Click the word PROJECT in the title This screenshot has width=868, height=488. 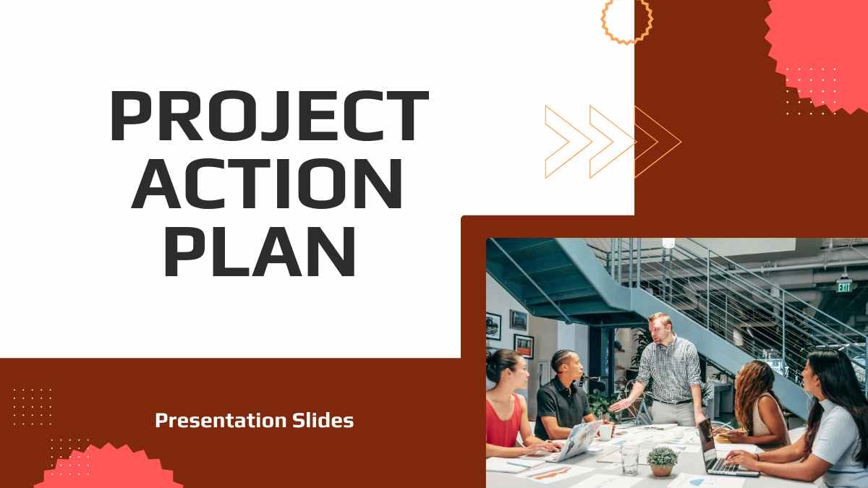[x=270, y=116]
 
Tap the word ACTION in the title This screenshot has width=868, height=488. [x=267, y=184]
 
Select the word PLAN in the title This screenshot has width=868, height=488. [x=260, y=251]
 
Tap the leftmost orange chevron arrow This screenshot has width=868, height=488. [x=569, y=142]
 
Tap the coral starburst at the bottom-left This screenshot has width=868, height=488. [x=109, y=468]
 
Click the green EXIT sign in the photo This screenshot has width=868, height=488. [x=844, y=286]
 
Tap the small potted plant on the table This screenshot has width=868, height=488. [x=662, y=462]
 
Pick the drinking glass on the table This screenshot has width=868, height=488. [x=630, y=459]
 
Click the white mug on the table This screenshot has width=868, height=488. [x=605, y=432]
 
